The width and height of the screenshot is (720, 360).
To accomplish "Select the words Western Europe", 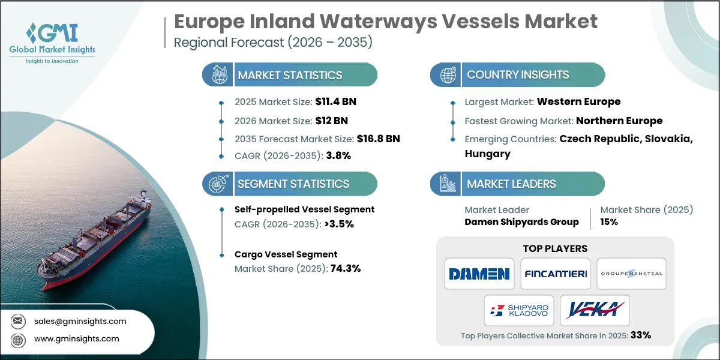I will click(x=578, y=101).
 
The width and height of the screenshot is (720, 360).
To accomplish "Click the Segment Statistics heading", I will click(x=293, y=184).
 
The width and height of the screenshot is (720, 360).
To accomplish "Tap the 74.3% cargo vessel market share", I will click(x=346, y=268).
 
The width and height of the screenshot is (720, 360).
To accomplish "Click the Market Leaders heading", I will click(x=511, y=184).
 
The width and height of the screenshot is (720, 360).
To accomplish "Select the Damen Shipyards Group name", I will click(x=521, y=222).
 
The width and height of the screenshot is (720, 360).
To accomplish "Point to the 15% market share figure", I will click(x=609, y=222).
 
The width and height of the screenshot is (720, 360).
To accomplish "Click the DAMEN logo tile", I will click(x=479, y=274).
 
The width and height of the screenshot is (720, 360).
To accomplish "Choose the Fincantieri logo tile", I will click(x=555, y=274).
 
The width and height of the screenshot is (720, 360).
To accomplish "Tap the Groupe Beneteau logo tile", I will click(x=631, y=274).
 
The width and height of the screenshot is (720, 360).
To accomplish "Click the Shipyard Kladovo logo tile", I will click(x=518, y=310).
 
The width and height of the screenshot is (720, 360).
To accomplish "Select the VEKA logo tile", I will click(x=595, y=310).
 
